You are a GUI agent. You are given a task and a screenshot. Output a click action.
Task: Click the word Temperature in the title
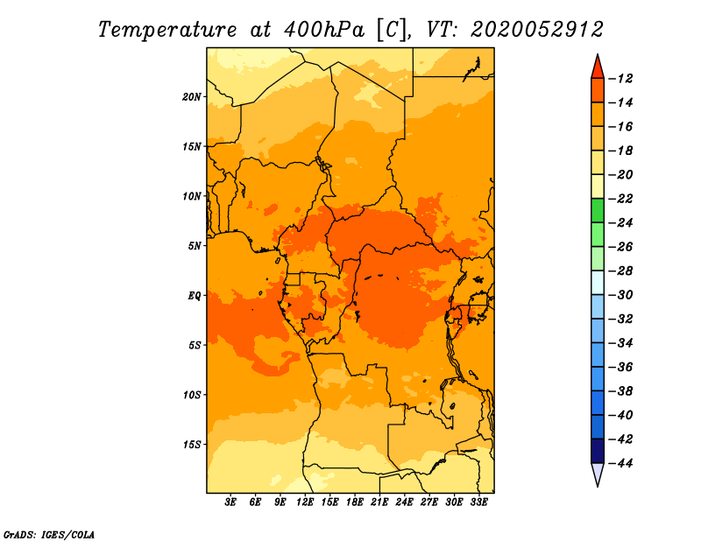point(167,30)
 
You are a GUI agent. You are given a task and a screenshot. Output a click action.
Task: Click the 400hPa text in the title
point(324,30)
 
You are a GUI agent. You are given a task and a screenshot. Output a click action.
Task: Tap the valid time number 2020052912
point(537,30)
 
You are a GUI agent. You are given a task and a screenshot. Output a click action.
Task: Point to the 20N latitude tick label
point(192,96)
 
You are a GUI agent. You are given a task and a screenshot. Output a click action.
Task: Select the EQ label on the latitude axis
point(195,296)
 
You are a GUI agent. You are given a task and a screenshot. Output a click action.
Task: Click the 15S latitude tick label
point(193,445)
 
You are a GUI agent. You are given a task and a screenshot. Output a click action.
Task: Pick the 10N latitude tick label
point(192,196)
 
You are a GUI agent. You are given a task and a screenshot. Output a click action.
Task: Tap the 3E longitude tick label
point(230,502)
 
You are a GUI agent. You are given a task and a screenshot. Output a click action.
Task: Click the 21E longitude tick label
point(379,502)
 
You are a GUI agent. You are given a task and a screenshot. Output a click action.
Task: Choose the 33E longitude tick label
point(478,502)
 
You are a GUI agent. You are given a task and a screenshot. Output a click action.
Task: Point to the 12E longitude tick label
point(305,502)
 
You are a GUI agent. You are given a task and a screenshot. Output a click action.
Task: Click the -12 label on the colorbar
point(620,79)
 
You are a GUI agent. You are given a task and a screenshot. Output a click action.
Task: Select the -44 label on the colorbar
point(620,463)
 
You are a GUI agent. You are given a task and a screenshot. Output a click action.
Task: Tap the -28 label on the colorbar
point(620,270)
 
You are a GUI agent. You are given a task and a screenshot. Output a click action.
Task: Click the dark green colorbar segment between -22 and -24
point(598,210)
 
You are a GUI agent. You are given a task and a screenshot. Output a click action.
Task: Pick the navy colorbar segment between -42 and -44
point(598,451)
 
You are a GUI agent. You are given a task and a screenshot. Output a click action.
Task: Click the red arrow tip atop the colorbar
point(598,54)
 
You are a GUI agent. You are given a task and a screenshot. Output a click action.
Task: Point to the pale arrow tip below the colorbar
point(598,486)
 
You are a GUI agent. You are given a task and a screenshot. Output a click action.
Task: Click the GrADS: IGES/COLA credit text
point(49,535)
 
